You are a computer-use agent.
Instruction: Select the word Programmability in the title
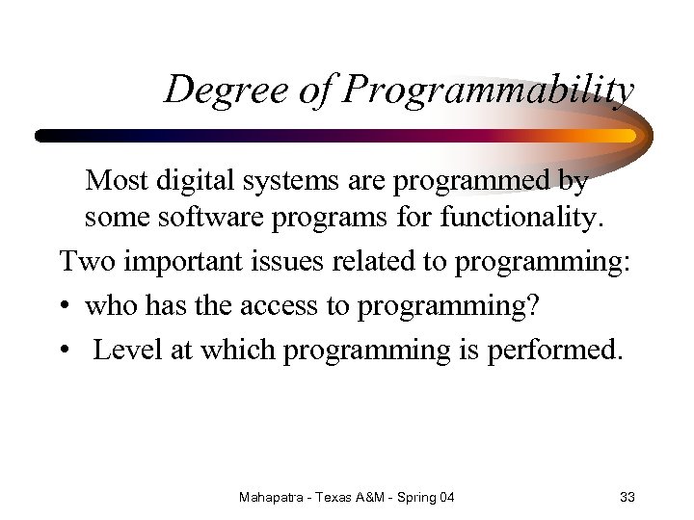click(489, 91)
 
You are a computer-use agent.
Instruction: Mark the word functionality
click(521, 218)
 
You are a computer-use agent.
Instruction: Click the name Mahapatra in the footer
click(274, 497)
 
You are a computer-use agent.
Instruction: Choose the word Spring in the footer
click(412, 498)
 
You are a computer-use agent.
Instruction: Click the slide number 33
click(627, 497)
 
